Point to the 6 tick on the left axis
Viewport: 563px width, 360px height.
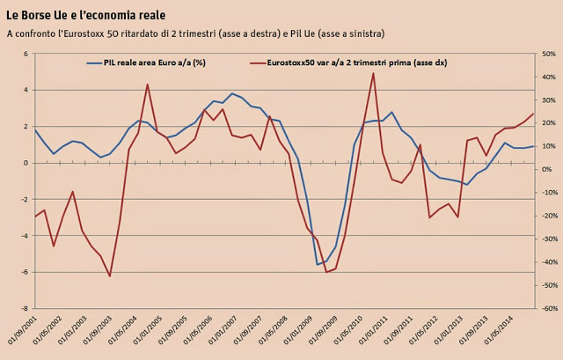click(x=26, y=54)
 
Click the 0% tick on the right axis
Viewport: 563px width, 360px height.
click(x=546, y=170)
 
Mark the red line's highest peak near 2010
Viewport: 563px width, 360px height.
click(x=373, y=72)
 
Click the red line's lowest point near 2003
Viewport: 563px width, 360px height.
click(x=110, y=276)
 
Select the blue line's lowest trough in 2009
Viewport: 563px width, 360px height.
click(x=318, y=264)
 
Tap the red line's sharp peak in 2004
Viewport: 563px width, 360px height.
click(x=147, y=84)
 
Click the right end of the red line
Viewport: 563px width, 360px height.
click(x=533, y=113)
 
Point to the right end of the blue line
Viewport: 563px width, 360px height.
click(x=533, y=146)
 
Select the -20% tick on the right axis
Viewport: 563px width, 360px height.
click(x=545, y=216)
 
